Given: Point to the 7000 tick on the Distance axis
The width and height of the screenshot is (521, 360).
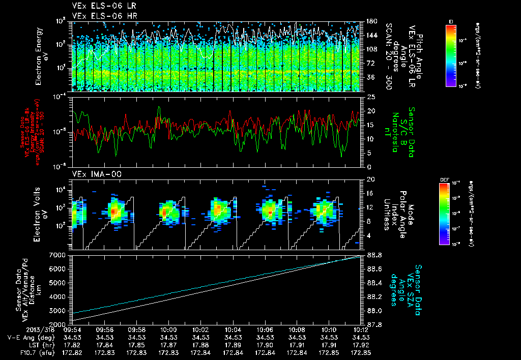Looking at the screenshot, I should point(60,254).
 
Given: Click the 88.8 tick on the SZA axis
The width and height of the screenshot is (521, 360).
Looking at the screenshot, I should point(375,254).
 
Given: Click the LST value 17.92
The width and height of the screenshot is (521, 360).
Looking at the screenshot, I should point(361,344).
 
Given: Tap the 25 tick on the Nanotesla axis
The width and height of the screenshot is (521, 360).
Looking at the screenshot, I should point(370,97).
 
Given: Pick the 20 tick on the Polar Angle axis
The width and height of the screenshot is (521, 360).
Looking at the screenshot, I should point(370,179).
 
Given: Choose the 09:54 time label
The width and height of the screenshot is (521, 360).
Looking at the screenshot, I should point(73,329).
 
